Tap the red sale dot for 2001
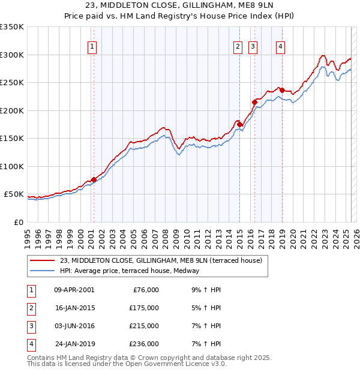pos(94,179)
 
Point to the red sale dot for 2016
pos(254,103)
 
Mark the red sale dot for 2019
pos(281,91)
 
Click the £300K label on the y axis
pos(11,55)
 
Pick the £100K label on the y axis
pos(11,166)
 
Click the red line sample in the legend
pos(43,261)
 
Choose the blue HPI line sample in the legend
pos(43,271)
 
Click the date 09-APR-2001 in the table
pos(74,290)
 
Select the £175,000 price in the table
pos(144,308)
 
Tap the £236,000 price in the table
pos(144,344)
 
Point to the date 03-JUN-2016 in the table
pos(74,326)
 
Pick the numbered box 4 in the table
pos(31,344)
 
